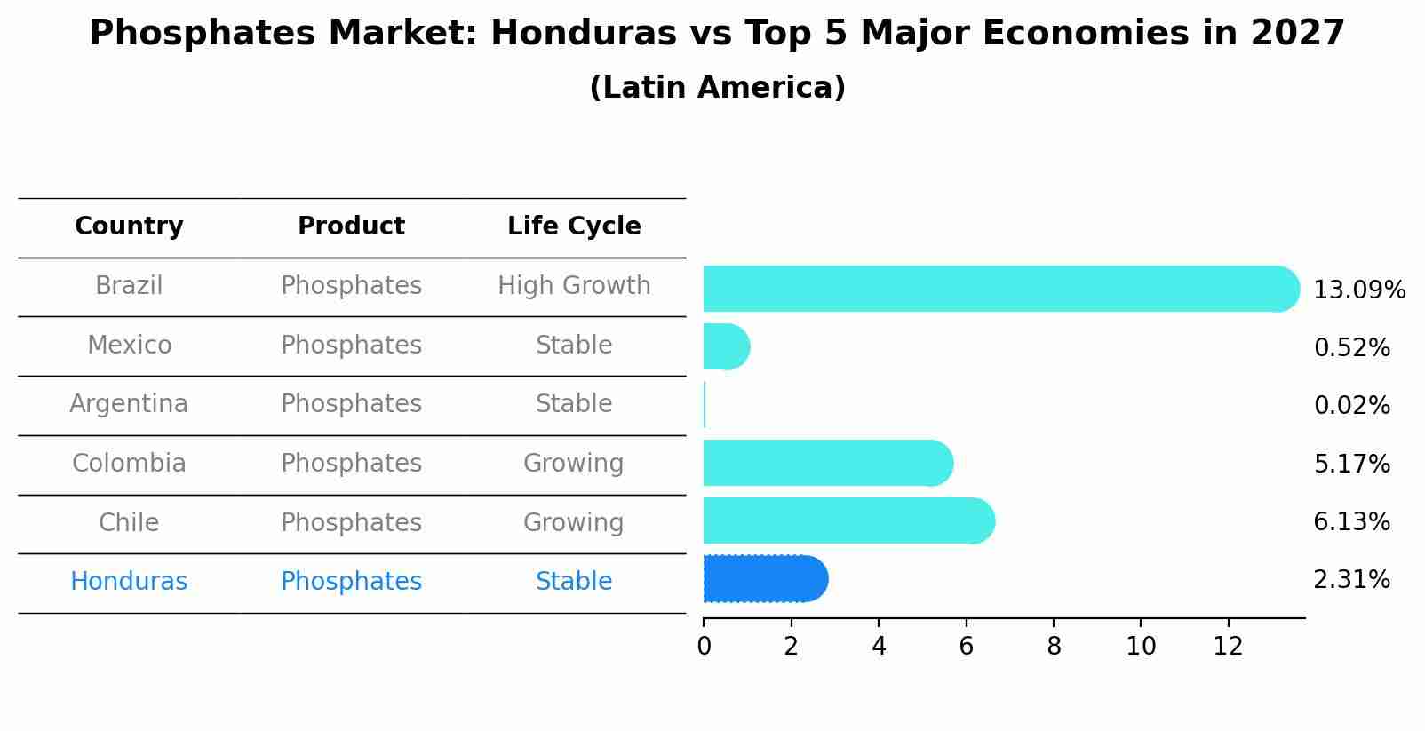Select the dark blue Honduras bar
[x=764, y=579]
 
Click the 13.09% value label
[x=1358, y=290]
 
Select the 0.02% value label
[x=1351, y=406]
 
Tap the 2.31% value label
[x=1351, y=580]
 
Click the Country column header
[x=129, y=226]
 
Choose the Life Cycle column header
[x=574, y=226]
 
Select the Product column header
[x=351, y=226]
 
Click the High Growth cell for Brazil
[x=574, y=286]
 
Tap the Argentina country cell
[x=129, y=404]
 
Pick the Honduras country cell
[x=129, y=582]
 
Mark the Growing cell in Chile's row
[x=574, y=522]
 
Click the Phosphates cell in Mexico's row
[x=351, y=345]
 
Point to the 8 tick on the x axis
[x=1054, y=647]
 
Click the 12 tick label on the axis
[x=1228, y=647]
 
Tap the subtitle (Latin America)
[x=717, y=88]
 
